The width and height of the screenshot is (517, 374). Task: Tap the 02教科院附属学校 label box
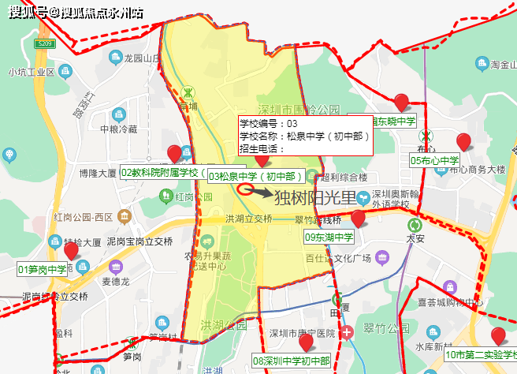pyautogui.click(x=162, y=172)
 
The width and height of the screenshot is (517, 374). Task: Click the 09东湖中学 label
pyautogui.click(x=330, y=237)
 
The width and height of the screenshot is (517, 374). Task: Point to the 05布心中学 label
pyautogui.click(x=434, y=160)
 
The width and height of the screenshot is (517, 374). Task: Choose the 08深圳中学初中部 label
pyautogui.click(x=291, y=361)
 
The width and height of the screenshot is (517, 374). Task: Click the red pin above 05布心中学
pyautogui.click(x=464, y=142)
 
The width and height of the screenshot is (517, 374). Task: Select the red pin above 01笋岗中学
pyautogui.click(x=71, y=251)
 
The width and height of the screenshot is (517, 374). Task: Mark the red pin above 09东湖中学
pyautogui.click(x=359, y=219)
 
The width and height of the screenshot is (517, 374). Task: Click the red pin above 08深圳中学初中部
pyautogui.click(x=306, y=342)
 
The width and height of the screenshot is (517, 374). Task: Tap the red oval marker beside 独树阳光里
pyautogui.click(x=244, y=189)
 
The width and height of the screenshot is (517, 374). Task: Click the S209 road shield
pyautogui.click(x=46, y=43)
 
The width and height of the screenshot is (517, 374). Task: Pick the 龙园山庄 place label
pyautogui.click(x=143, y=58)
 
